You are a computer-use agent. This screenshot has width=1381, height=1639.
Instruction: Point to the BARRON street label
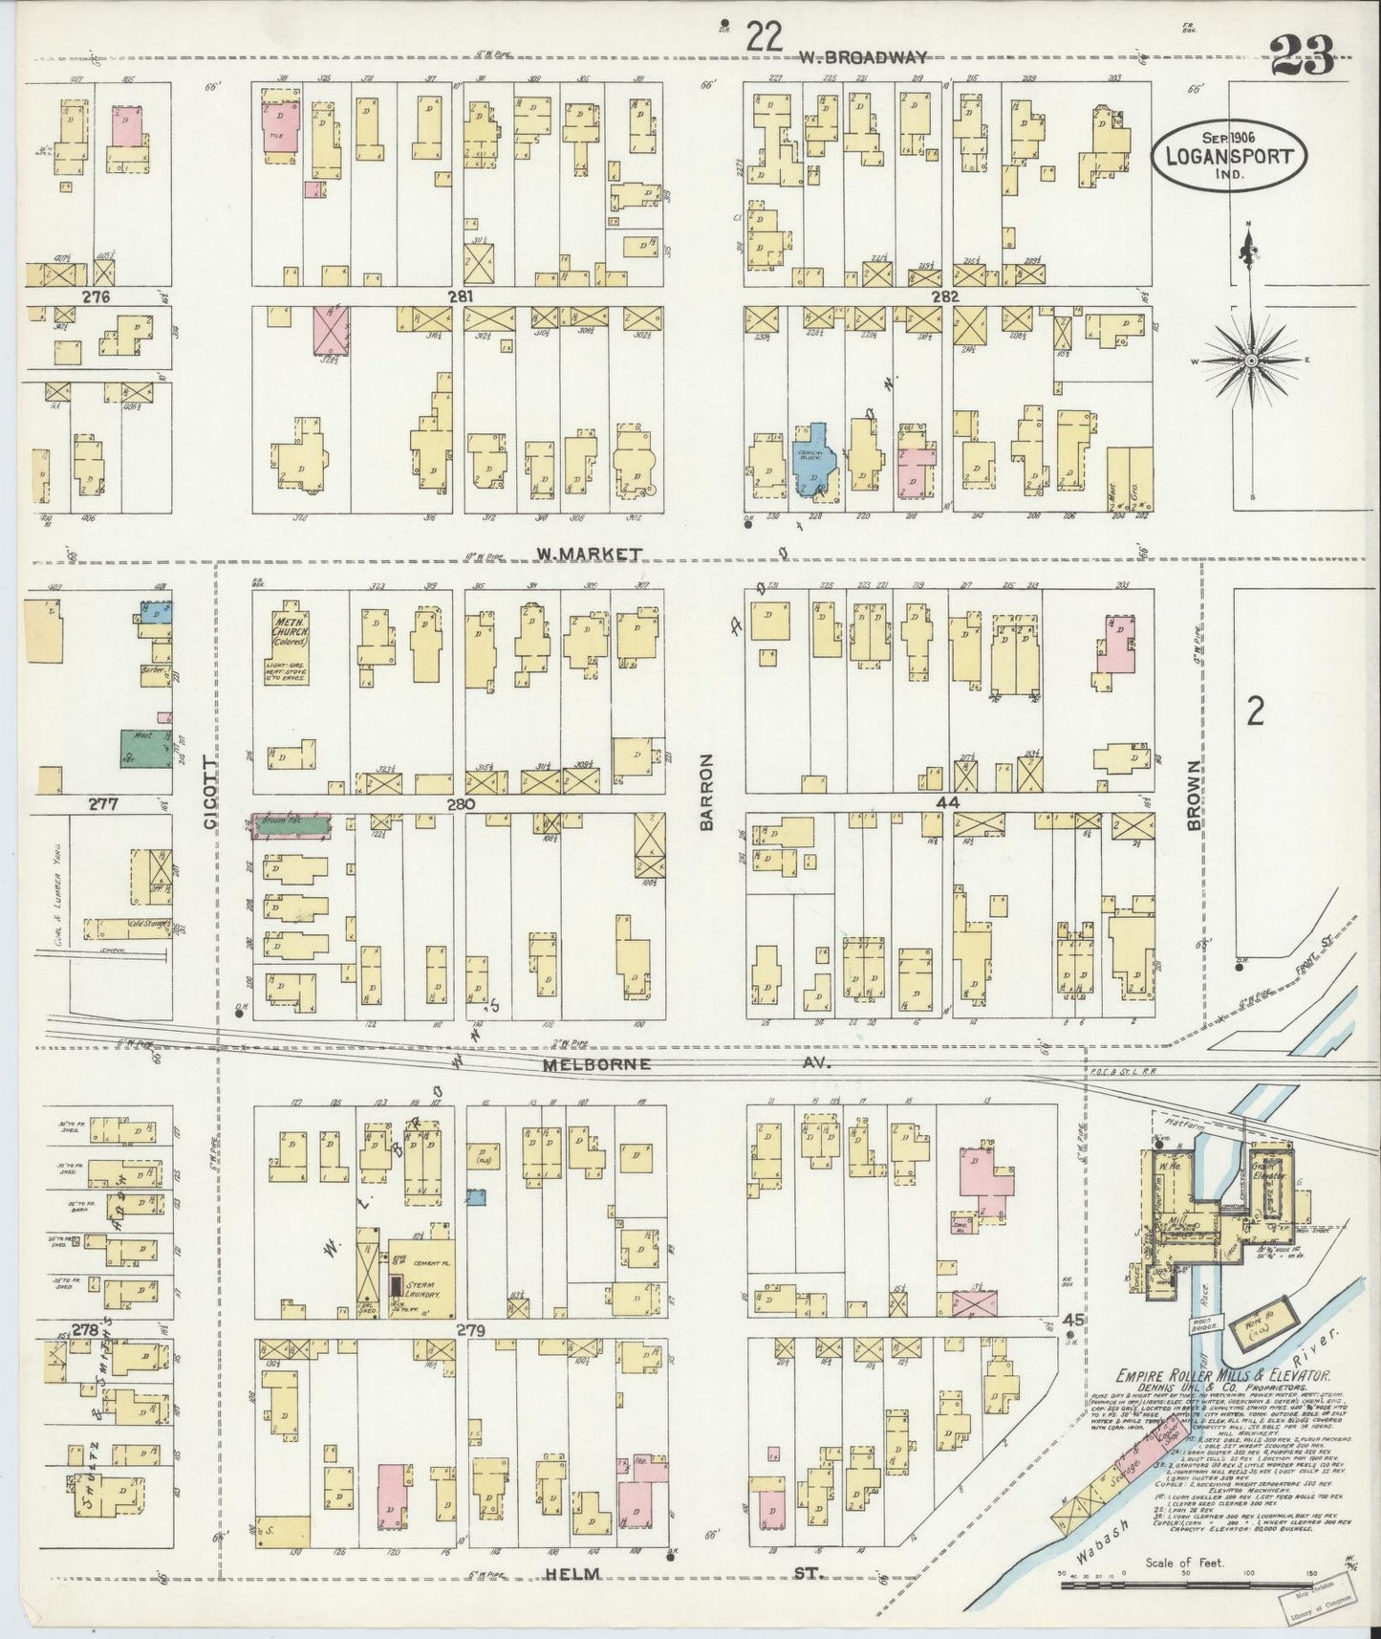(707, 791)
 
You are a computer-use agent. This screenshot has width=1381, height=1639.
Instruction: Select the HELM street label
(573, 1574)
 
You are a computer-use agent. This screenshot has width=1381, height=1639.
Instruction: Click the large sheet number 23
(1302, 59)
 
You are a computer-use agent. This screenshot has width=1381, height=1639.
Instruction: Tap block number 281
(462, 296)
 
